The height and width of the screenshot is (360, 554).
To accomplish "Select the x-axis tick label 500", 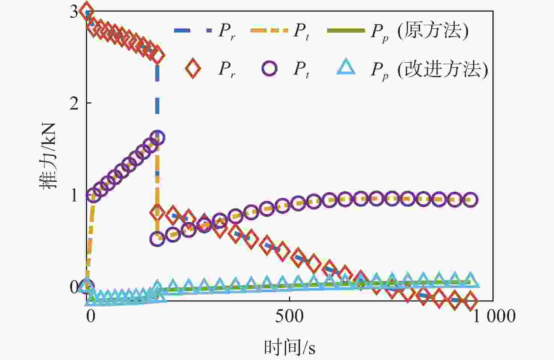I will coord(289,316).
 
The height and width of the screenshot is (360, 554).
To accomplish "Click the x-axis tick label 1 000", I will coord(493,316).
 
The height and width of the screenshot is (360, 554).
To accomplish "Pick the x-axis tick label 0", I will coord(90,316).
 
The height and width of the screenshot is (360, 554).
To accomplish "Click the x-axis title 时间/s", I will coord(289,347).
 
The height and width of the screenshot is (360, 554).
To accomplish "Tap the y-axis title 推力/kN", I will coord(49,156).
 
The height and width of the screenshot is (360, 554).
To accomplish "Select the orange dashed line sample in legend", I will coord(269,30).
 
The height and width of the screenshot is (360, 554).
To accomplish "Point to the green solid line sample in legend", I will coord(346,30).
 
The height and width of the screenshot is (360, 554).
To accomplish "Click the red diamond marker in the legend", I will coord(193,69).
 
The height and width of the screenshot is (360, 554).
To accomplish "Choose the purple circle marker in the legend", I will coord(269,69).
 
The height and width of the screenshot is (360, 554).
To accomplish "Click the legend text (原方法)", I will coord(433,30).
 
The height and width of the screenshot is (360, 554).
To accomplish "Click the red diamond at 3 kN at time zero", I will coord(87,11).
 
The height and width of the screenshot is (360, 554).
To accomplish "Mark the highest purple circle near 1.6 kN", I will coord(157,137).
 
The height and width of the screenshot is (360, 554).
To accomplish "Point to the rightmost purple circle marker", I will coord(470,199).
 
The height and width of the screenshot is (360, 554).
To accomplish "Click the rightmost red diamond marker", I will coord(470,301).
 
